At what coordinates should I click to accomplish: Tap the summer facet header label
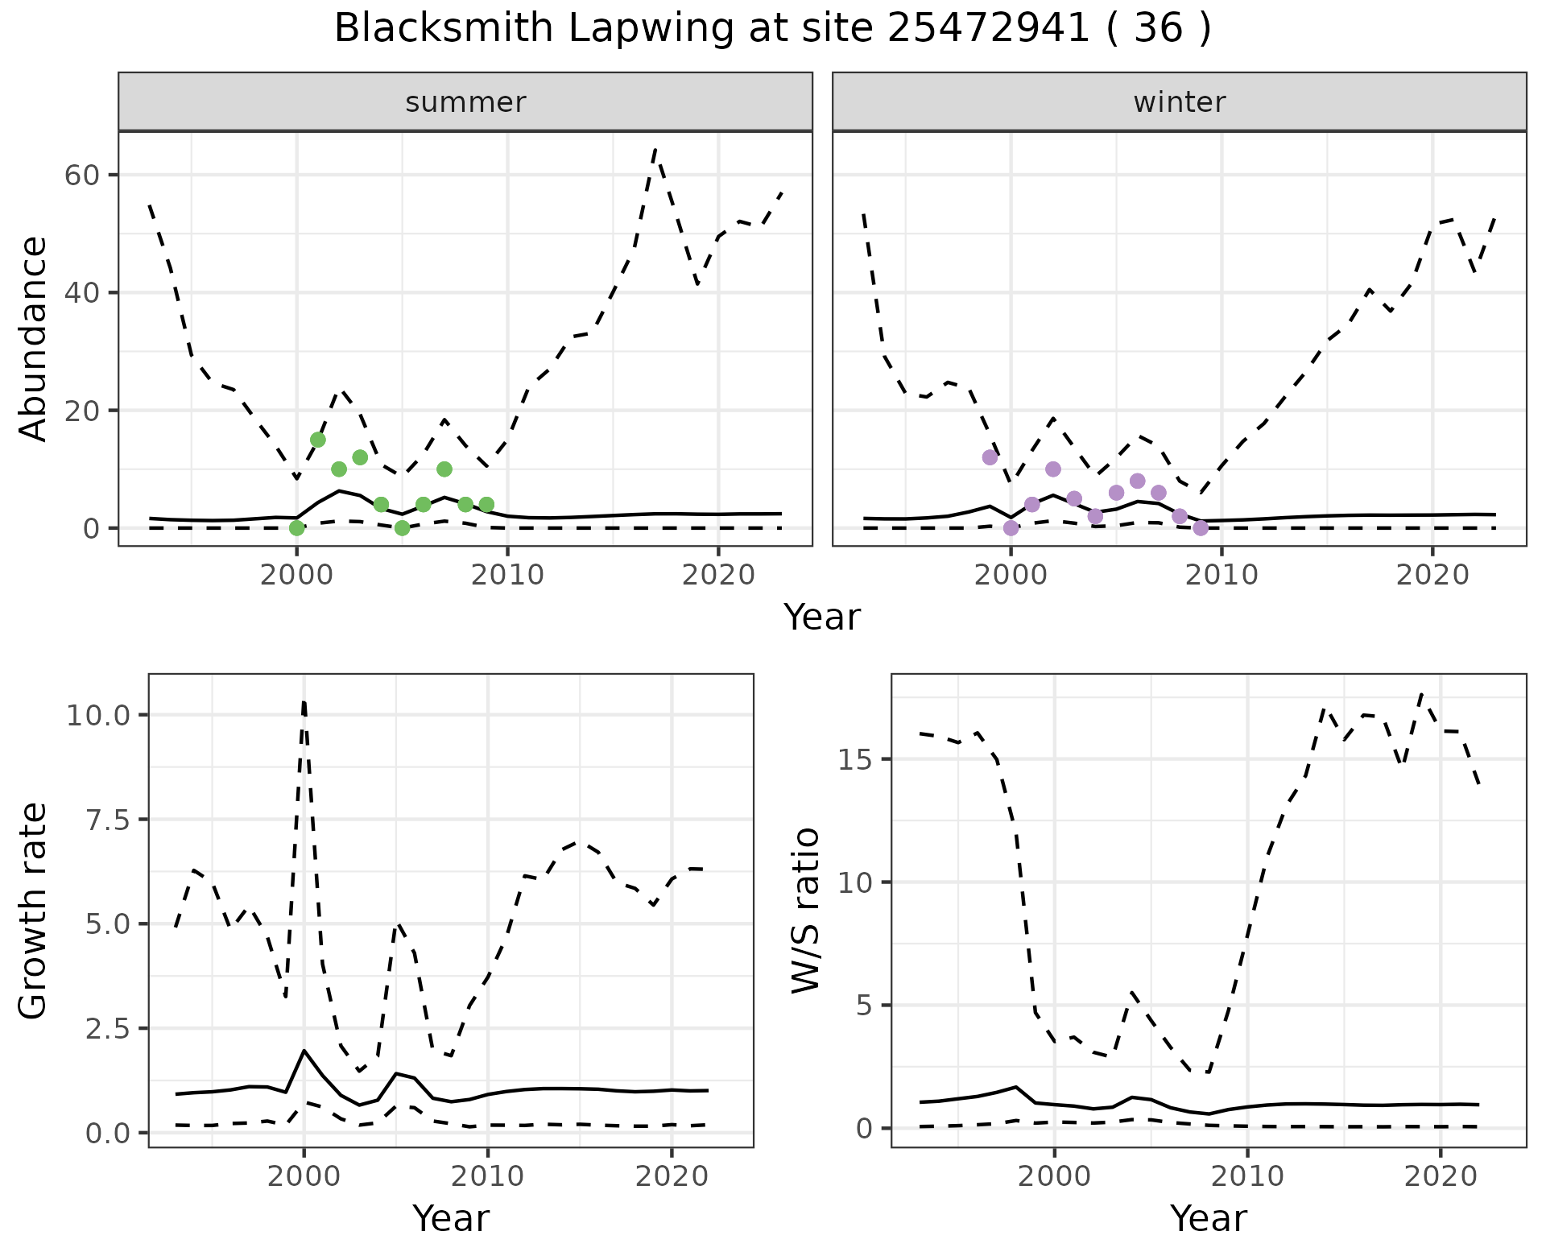click(465, 102)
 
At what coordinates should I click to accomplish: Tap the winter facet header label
click(1179, 102)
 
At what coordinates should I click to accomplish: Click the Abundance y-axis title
click(34, 338)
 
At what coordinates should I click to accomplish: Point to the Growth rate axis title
click(34, 911)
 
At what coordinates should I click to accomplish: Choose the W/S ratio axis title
click(806, 911)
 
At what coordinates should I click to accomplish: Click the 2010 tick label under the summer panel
click(507, 575)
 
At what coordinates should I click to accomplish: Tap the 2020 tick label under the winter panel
click(1432, 575)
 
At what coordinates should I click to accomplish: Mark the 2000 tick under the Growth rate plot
click(304, 1176)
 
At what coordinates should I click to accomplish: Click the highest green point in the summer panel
click(318, 440)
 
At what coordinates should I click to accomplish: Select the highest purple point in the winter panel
click(990, 457)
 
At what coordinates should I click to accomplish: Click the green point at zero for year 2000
click(297, 528)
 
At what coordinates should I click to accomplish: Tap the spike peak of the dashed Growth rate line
click(304, 701)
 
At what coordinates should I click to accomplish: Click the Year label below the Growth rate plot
click(451, 1219)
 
